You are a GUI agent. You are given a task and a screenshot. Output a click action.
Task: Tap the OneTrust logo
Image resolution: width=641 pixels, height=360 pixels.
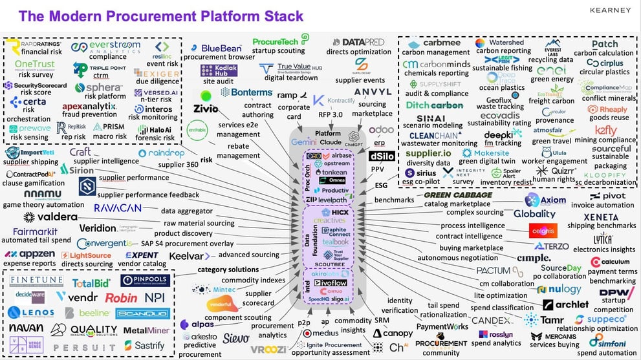(34, 65)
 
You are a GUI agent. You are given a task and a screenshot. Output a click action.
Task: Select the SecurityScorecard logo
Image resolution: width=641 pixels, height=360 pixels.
(35, 85)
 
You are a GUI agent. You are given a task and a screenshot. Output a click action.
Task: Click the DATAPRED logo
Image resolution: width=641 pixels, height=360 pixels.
(363, 42)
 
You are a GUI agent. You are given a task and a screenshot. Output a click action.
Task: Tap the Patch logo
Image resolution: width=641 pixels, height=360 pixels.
(604, 44)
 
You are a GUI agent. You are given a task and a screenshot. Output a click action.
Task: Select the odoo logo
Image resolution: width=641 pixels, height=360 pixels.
(381, 129)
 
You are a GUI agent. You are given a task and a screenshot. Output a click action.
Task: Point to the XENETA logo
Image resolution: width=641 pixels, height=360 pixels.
(601, 217)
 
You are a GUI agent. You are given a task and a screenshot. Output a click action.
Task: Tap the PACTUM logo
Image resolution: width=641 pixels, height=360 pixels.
(494, 270)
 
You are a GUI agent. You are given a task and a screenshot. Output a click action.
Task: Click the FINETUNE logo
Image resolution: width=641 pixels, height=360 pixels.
(36, 281)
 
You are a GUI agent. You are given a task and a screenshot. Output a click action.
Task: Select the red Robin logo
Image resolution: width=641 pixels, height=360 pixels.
(121, 297)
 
